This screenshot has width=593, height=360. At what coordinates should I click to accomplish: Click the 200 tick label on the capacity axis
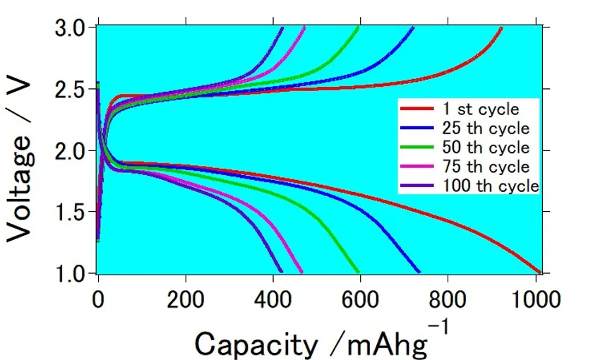[186, 298]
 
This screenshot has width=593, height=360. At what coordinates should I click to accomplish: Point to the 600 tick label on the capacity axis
[361, 298]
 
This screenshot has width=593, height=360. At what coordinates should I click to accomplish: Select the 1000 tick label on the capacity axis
[535, 298]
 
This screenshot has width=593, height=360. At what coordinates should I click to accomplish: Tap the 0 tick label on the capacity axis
[98, 298]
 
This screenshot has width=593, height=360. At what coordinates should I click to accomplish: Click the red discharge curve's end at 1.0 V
[540, 272]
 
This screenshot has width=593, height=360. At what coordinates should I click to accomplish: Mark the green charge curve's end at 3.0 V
[359, 28]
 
